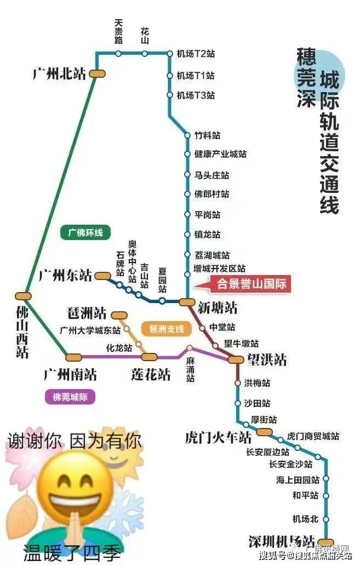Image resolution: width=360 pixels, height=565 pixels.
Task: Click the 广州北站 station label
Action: coord(60,74)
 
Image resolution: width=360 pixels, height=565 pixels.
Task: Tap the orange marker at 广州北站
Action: coord(98,73)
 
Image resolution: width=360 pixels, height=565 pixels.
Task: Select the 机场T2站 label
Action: coord(196,54)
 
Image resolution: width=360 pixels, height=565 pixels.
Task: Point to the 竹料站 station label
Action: coord(208,135)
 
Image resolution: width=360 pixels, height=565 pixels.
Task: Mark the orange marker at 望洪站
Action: coord(236,359)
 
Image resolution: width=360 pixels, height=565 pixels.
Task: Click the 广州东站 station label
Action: coord(65,275)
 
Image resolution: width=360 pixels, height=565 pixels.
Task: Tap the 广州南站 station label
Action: coord(70,375)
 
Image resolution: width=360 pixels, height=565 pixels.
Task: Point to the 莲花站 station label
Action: coord(151,375)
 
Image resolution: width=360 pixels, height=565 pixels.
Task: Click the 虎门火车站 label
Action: coord(218,438)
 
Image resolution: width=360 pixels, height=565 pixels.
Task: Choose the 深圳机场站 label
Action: coord(282,540)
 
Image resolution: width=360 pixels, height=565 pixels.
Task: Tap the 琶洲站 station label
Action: coord(87,313)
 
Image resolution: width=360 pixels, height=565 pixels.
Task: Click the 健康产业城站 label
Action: coord(220,155)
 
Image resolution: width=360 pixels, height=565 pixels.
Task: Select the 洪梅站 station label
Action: coord(257,383)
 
